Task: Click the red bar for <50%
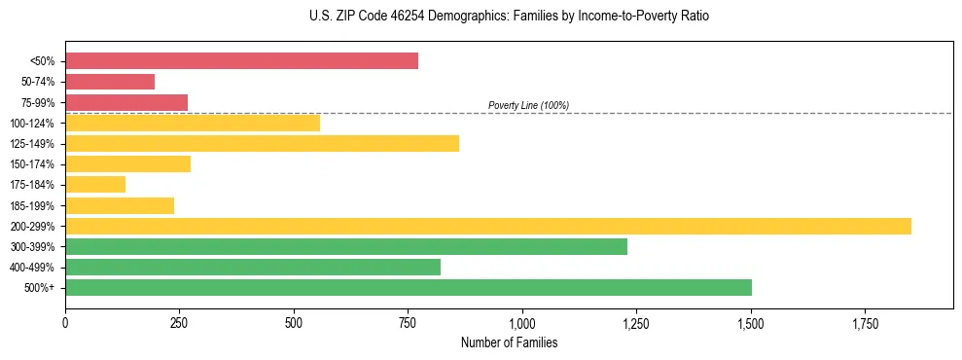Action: pos(241,61)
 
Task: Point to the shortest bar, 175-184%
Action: pos(95,184)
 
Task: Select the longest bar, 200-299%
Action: pos(488,226)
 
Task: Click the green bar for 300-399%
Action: pos(346,246)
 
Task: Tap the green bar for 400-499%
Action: pos(253,267)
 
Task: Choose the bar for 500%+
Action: pos(409,287)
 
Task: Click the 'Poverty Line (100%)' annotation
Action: pos(528,105)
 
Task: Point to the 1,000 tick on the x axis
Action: pos(522,322)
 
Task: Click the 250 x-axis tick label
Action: pos(179,322)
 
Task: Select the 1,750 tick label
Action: pos(865,322)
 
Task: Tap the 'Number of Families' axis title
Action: pos(509,342)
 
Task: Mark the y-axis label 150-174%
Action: pos(32,164)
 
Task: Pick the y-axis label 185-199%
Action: pos(32,205)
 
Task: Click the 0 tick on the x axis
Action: pos(65,322)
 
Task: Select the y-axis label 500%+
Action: pos(39,288)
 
